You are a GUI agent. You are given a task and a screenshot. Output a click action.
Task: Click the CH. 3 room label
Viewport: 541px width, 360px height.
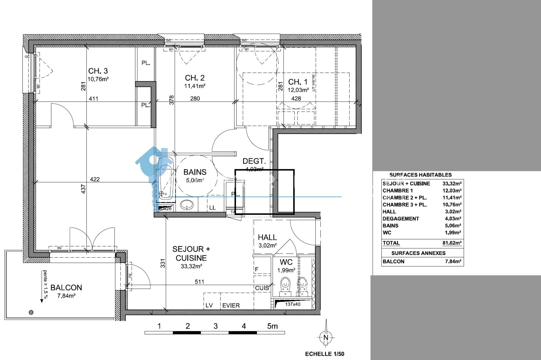click(x=98, y=71)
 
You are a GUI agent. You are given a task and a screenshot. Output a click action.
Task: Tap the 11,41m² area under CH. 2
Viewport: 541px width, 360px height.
click(x=195, y=86)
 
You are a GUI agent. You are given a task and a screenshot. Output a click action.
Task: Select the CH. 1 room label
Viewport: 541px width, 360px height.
click(x=298, y=82)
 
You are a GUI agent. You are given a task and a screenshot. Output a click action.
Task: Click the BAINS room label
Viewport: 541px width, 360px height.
click(x=195, y=172)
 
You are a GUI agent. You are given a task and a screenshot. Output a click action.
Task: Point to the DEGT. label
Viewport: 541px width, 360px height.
click(x=254, y=161)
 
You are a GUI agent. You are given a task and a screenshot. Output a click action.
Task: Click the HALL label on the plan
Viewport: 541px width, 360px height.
click(x=267, y=237)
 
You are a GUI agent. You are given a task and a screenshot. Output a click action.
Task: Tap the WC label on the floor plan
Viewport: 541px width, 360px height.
click(x=286, y=262)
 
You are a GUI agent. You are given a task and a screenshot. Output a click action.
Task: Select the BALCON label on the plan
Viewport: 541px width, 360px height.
click(x=66, y=288)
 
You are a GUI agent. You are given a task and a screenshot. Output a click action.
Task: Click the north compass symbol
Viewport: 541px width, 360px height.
click(x=326, y=337)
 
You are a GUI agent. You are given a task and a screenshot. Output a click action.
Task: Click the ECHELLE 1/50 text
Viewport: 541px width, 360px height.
click(x=324, y=354)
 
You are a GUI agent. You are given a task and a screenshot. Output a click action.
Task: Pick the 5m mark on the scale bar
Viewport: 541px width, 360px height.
click(x=272, y=326)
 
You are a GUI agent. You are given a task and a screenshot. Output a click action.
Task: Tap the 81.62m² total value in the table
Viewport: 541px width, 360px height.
click(x=452, y=243)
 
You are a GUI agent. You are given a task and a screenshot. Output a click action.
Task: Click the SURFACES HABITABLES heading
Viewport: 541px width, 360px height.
click(x=420, y=175)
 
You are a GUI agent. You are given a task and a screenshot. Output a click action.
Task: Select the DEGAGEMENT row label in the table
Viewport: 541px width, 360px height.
click(x=401, y=219)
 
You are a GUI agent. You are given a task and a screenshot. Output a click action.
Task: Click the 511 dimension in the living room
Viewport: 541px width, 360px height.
click(x=199, y=282)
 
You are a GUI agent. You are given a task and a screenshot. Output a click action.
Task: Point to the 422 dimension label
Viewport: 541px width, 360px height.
click(x=95, y=179)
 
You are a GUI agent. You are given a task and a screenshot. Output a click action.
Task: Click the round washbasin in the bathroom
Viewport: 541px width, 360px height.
click(x=187, y=205)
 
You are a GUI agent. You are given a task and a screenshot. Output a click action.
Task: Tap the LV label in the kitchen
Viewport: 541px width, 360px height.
click(x=209, y=305)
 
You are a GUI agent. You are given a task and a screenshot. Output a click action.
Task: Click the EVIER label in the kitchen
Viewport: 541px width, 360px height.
click(x=231, y=305)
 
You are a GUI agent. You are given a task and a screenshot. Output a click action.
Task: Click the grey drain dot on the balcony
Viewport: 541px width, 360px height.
click(x=31, y=312)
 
